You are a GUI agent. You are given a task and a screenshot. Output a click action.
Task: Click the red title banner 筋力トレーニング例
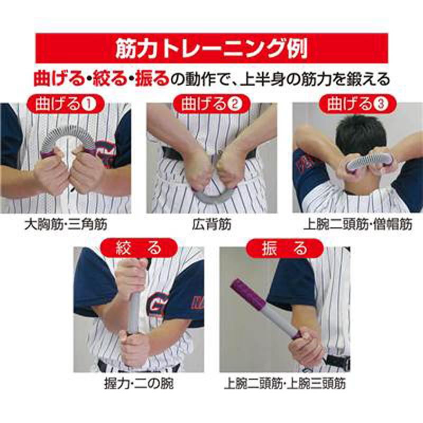[x=212, y=48]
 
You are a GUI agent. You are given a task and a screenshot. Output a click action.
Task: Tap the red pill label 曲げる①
[x=66, y=104]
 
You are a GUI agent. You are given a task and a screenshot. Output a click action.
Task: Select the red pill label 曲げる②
[x=212, y=104]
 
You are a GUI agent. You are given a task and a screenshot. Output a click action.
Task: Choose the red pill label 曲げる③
[x=358, y=104]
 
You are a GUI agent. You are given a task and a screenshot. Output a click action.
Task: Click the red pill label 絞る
[x=139, y=248]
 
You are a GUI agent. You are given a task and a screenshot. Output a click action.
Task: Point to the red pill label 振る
[x=285, y=248]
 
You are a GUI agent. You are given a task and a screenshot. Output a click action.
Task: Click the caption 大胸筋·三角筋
[x=66, y=224]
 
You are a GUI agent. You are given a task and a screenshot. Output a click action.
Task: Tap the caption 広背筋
[x=212, y=224]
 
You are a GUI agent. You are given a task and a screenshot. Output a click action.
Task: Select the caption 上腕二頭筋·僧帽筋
[x=358, y=224]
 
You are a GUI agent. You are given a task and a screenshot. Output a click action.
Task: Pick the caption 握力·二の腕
[x=139, y=384]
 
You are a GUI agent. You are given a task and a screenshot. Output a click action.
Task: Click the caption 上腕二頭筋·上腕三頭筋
[x=285, y=384]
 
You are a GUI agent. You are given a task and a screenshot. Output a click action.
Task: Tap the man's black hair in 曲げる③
[x=360, y=135]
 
